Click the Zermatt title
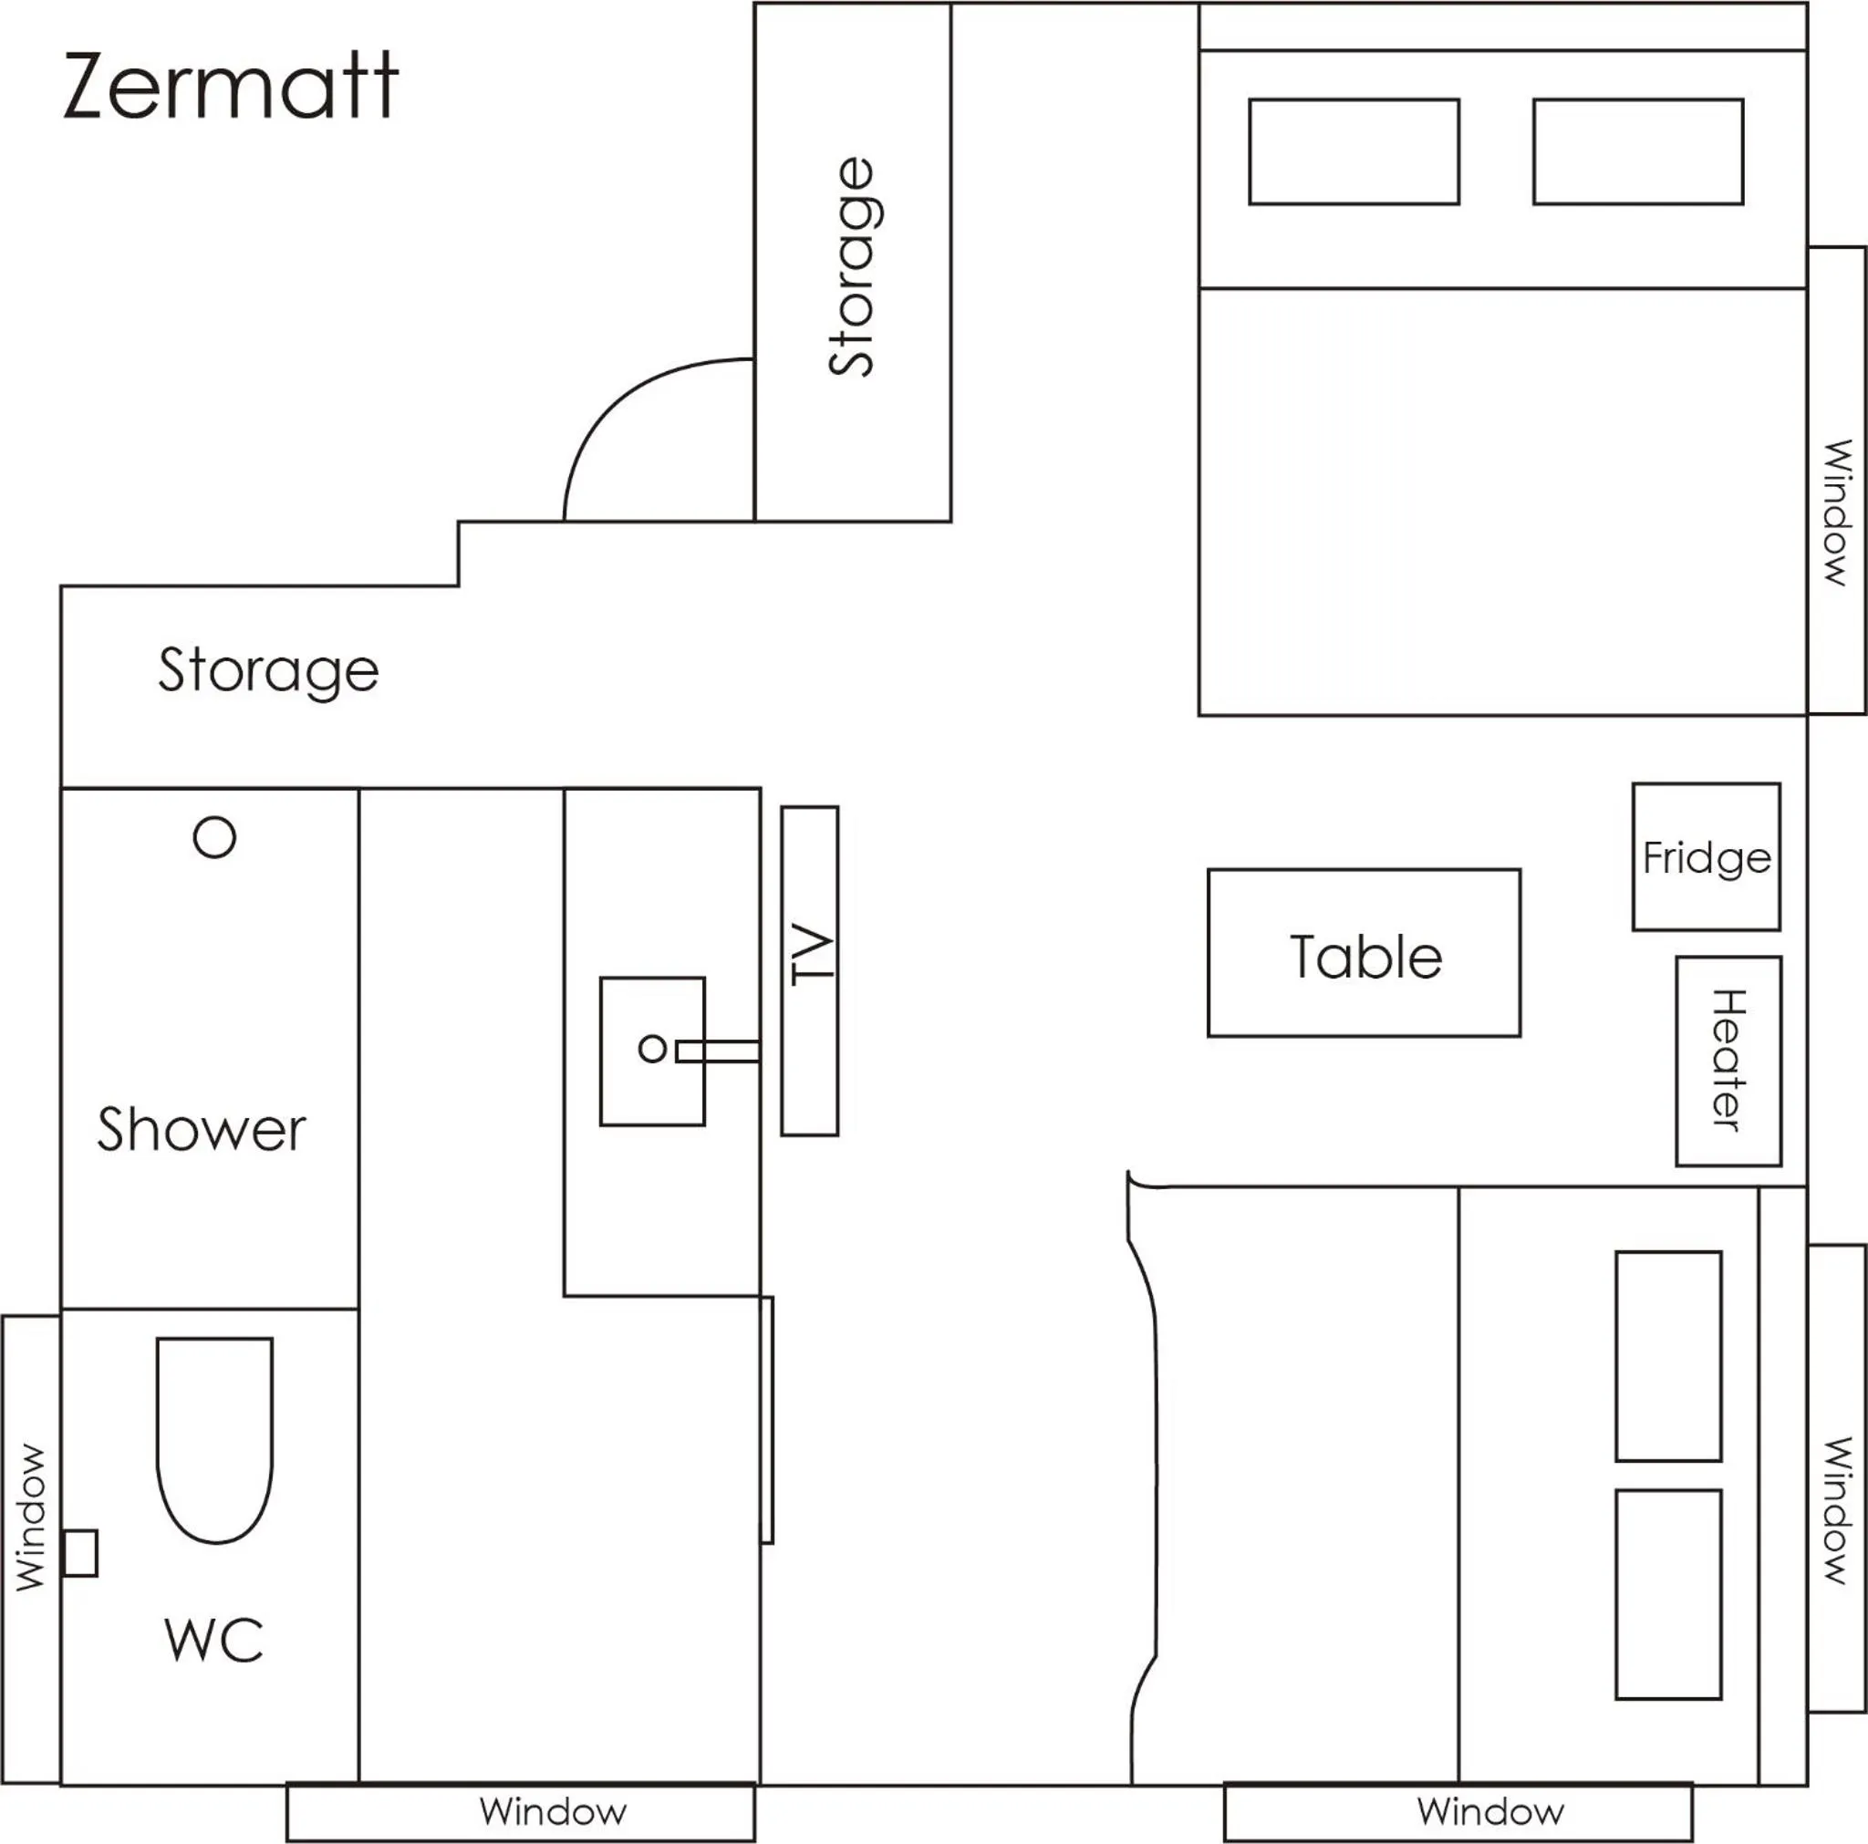tap(230, 86)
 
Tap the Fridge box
tap(1707, 856)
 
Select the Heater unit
tap(1728, 1062)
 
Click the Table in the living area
tap(1365, 953)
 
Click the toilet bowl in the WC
tap(214, 1440)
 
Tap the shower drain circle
tap(214, 837)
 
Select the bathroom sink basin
tap(653, 1051)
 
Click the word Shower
tap(201, 1129)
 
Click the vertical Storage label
tap(852, 267)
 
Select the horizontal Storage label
tap(269, 671)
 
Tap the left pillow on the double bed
tap(1354, 151)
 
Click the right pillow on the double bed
tap(1638, 151)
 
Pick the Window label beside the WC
tap(31, 1518)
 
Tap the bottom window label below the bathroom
tap(553, 1811)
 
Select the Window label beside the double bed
tap(1836, 513)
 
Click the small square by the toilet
tap(80, 1554)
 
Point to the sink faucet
tap(718, 1051)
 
